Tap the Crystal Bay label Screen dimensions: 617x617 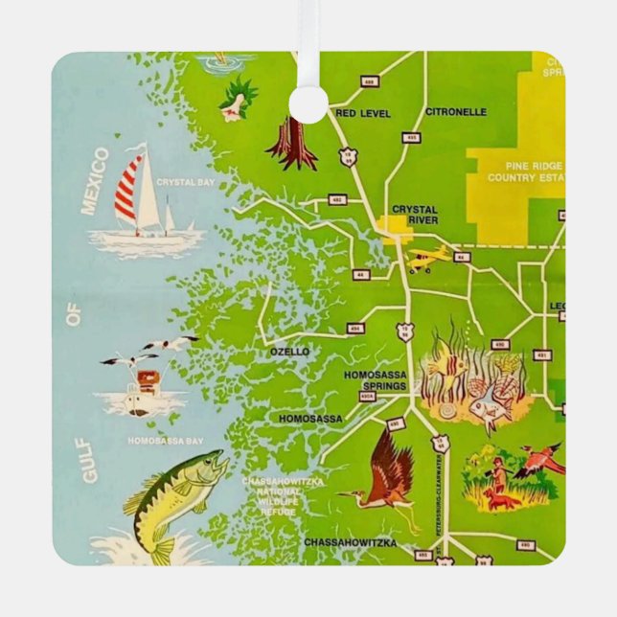(x=186, y=181)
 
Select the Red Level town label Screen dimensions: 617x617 (x=363, y=113)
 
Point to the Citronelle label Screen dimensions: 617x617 (x=455, y=111)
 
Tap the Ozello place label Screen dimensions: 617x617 (x=289, y=352)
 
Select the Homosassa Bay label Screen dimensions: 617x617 (x=166, y=441)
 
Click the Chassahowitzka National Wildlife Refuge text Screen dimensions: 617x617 (x=283, y=496)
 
